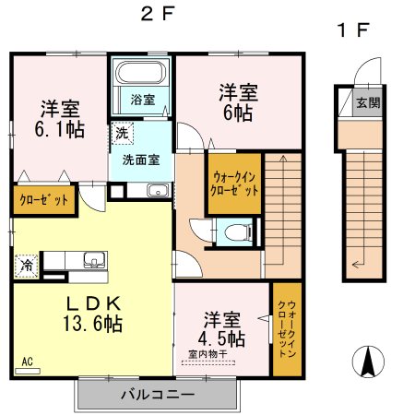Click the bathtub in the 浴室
[x=140, y=73]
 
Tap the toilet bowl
[x=238, y=231]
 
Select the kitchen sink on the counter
[x=95, y=260]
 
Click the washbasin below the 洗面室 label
[x=158, y=191]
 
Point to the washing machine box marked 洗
[x=122, y=133]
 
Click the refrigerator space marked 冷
[x=27, y=266]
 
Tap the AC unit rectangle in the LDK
[x=28, y=372]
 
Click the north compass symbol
[x=368, y=362]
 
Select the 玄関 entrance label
[x=368, y=102]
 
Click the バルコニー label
[x=158, y=395]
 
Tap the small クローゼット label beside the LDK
[x=43, y=200]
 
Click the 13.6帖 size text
[x=93, y=324]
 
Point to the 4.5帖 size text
[x=221, y=338]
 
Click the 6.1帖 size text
[x=60, y=130]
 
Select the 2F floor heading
[x=158, y=14]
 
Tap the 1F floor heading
[x=352, y=30]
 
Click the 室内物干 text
[x=207, y=354]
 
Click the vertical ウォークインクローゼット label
[x=287, y=329]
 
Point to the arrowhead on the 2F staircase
[x=283, y=159]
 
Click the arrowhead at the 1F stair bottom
[x=356, y=264]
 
